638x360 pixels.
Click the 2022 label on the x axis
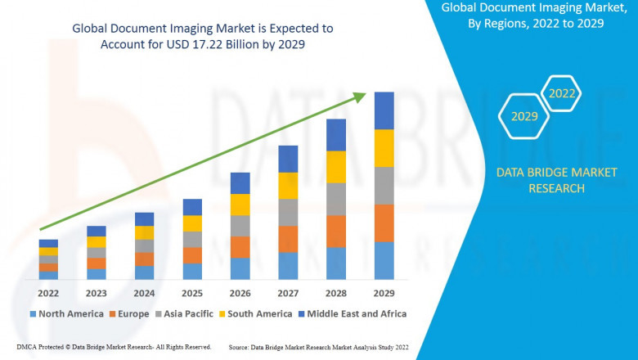click(48, 293)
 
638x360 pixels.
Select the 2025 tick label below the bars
click(192, 293)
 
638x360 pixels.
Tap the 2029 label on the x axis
click(384, 293)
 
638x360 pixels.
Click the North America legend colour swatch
click(33, 314)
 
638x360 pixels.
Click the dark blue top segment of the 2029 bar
click(384, 110)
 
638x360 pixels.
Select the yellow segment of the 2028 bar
click(336, 167)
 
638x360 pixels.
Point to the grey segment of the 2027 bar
click(288, 212)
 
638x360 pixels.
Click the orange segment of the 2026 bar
click(240, 247)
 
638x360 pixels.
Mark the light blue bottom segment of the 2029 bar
click(384, 260)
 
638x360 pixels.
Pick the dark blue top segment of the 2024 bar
click(144, 218)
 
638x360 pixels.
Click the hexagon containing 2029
click(524, 116)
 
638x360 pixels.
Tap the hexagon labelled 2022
click(562, 93)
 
